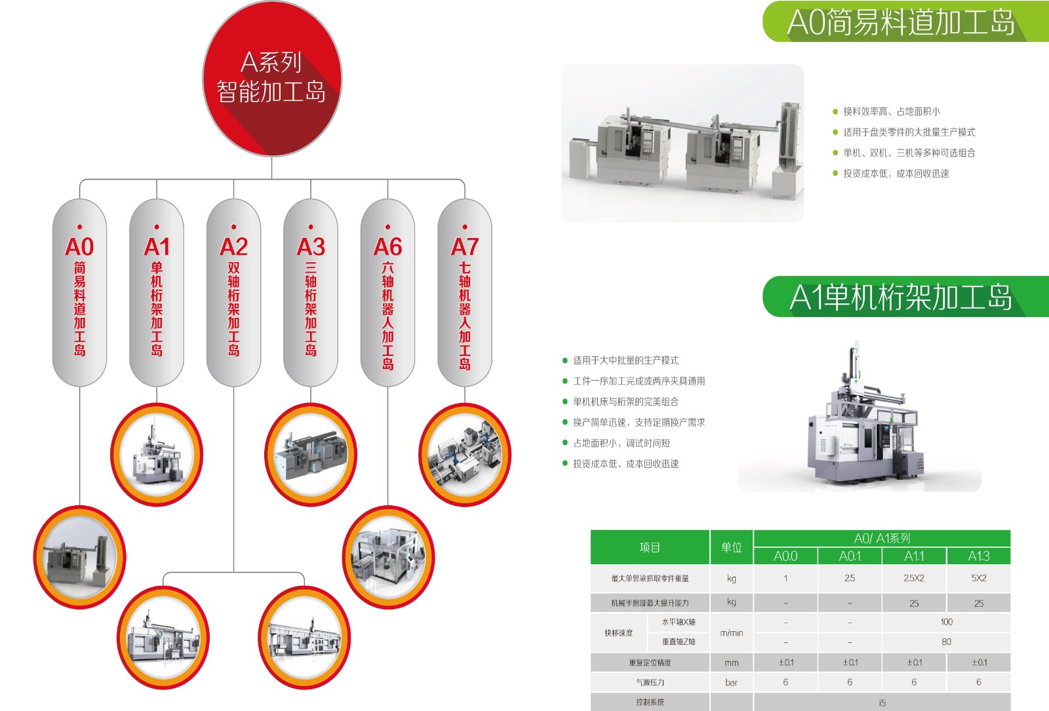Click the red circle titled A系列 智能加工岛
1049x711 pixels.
[272, 79]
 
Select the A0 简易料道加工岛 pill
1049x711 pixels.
[79, 292]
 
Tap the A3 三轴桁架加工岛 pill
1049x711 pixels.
[311, 292]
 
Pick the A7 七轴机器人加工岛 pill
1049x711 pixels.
[465, 292]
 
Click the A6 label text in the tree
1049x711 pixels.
[387, 246]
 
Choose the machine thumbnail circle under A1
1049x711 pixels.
[157, 455]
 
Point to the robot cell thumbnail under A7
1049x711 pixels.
[465, 455]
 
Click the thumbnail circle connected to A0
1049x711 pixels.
[79, 557]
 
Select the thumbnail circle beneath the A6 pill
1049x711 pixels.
[388, 557]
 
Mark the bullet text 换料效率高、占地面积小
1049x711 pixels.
[892, 111]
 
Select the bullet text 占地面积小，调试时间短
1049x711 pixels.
[622, 443]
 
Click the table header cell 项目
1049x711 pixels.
[650, 547]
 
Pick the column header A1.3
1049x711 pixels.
[979, 556]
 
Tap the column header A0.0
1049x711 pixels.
[785, 556]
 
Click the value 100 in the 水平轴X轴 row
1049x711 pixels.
[947, 622]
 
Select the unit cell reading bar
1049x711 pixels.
[732, 682]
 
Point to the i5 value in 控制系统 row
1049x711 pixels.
[882, 702]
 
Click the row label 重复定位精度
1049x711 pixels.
[650, 663]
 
